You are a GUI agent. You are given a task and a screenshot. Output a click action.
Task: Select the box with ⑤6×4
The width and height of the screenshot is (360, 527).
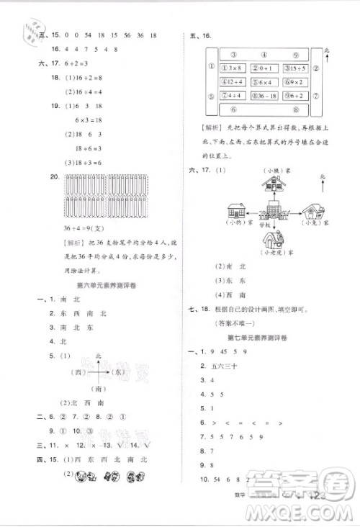point(263,81)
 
